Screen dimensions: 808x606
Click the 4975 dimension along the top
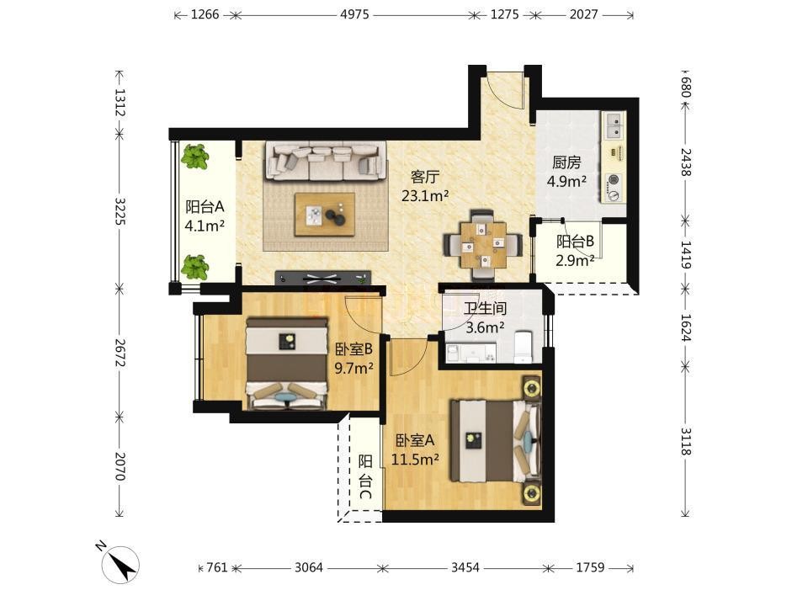click(x=354, y=14)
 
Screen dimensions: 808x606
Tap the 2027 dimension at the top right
click(x=583, y=14)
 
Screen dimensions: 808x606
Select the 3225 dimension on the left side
click(x=120, y=211)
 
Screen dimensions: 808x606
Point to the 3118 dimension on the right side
click(x=685, y=442)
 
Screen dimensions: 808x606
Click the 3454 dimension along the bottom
click(x=465, y=567)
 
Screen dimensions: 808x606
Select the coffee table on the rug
click(x=325, y=215)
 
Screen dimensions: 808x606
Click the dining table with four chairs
click(x=483, y=245)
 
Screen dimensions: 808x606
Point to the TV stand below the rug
click(x=323, y=279)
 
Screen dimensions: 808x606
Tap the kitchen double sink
click(x=614, y=126)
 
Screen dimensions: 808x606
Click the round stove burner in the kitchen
click(x=614, y=180)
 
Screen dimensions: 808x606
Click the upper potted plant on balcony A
click(x=194, y=157)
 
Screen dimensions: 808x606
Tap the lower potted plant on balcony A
click(x=194, y=268)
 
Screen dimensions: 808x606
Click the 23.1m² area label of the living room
click(x=425, y=196)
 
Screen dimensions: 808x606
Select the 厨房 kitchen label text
click(x=566, y=162)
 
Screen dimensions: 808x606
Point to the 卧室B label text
click(x=353, y=349)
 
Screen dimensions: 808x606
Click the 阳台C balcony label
click(x=365, y=477)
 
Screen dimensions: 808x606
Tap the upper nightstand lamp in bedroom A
click(x=531, y=386)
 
